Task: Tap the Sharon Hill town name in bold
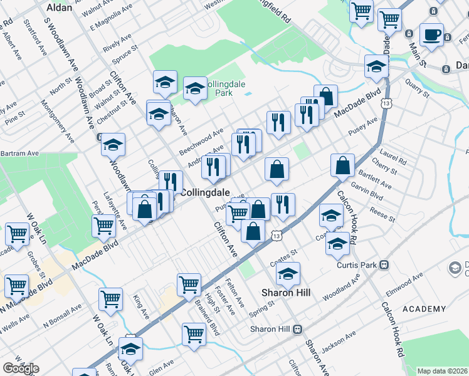283,293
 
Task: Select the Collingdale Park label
214,88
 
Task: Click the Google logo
20,368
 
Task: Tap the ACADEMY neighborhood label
424,309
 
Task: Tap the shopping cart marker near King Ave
111,299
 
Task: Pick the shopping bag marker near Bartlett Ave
343,166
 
